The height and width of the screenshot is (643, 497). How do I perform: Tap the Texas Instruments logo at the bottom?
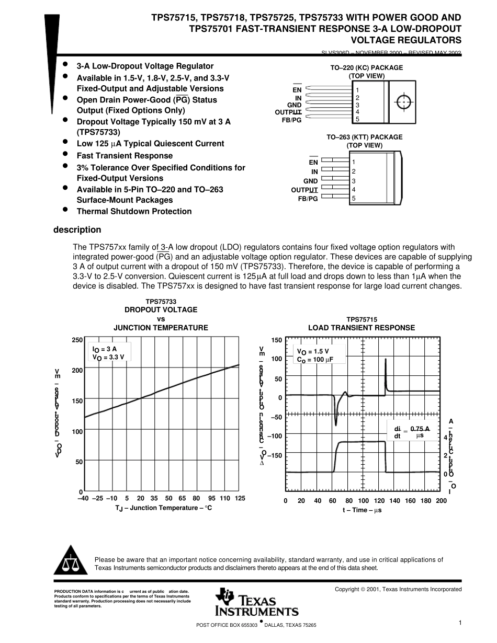pyautogui.click(x=256, y=603)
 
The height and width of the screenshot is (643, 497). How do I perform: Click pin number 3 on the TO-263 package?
pyautogui.click(x=354, y=181)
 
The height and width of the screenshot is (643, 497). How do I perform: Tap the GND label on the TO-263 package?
pyautogui.click(x=311, y=181)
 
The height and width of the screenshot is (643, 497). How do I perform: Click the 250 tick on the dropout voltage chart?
pyautogui.click(x=77, y=340)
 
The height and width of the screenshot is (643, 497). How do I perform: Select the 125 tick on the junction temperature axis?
pyautogui.click(x=240, y=499)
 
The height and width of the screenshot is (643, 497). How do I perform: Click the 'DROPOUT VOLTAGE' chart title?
pyautogui.click(x=161, y=310)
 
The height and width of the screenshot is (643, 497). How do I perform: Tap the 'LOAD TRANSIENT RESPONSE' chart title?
pyautogui.click(x=362, y=328)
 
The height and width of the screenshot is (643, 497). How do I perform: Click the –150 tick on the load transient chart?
pyautogui.click(x=275, y=455)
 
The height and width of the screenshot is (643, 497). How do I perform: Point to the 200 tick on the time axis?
pyautogui.click(x=441, y=501)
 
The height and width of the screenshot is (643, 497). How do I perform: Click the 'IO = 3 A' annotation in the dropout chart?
pyautogui.click(x=105, y=349)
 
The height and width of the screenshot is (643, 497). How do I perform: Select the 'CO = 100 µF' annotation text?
pyautogui.click(x=315, y=360)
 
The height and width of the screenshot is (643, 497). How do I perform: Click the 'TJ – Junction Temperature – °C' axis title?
pyautogui.click(x=163, y=508)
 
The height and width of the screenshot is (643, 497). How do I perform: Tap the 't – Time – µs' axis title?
pyautogui.click(x=362, y=510)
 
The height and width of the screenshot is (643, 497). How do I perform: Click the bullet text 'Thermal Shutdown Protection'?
pyautogui.click(x=134, y=212)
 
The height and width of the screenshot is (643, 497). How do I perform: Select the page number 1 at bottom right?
pyautogui.click(x=459, y=623)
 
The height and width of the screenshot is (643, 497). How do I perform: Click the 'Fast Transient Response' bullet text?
pyautogui.click(x=125, y=156)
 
